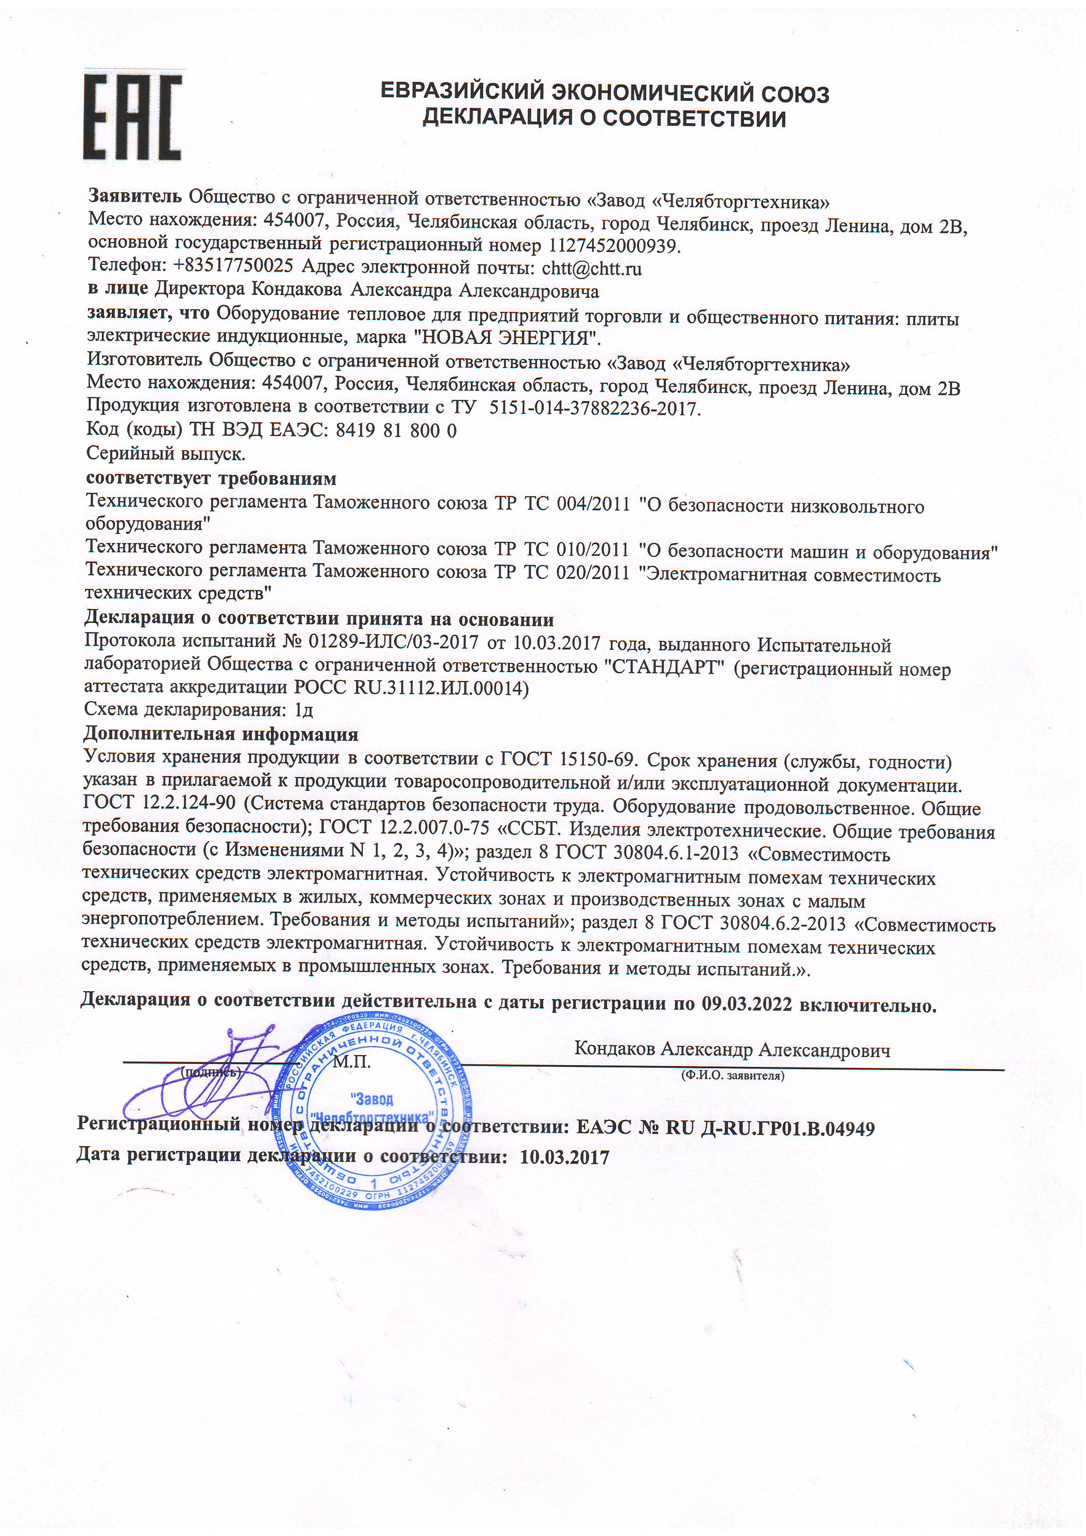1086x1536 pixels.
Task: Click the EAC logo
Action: coord(132,117)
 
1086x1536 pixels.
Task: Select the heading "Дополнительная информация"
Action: coord(221,734)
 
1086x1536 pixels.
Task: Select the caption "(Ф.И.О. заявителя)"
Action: coord(732,1077)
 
